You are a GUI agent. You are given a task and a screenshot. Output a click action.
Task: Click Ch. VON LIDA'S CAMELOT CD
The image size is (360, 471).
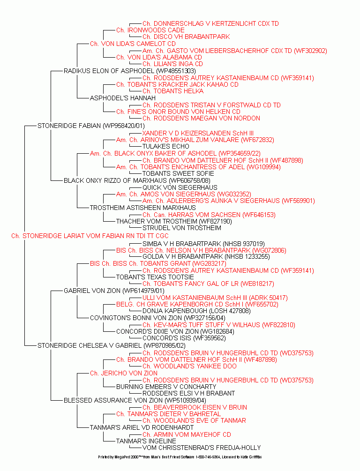[133, 44]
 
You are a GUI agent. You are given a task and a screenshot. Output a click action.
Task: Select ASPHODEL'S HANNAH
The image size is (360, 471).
[123, 98]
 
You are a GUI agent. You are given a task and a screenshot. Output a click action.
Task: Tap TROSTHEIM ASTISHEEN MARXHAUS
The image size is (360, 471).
[143, 208]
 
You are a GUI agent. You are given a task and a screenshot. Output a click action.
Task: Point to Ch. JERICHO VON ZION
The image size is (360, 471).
[124, 374]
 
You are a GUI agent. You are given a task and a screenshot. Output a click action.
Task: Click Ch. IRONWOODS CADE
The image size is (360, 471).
[150, 30]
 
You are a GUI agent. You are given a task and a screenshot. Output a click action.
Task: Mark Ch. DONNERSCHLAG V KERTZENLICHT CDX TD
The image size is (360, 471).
[210, 24]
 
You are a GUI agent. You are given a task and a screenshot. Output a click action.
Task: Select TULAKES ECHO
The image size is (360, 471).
[166, 147]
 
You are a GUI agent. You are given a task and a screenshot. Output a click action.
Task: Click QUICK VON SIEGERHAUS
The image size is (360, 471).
[180, 188]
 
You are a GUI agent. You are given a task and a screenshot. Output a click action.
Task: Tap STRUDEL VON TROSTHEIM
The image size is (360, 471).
[182, 228]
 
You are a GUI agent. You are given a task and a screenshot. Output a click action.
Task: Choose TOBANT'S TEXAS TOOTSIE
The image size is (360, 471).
[155, 277]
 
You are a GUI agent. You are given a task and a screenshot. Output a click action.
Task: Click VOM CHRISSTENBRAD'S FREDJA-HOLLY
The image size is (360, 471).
[202, 448]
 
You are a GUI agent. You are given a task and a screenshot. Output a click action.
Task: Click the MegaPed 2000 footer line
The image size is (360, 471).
[180, 457]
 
